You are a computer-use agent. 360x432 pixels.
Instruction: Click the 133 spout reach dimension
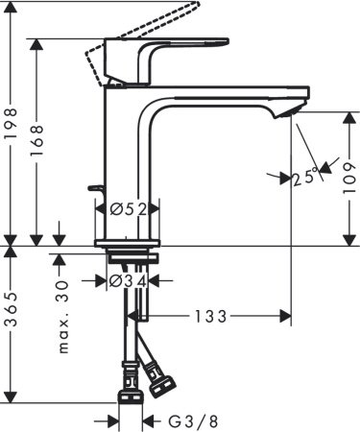[x=215, y=315]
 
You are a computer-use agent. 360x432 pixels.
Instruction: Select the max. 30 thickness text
[x=65, y=317]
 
